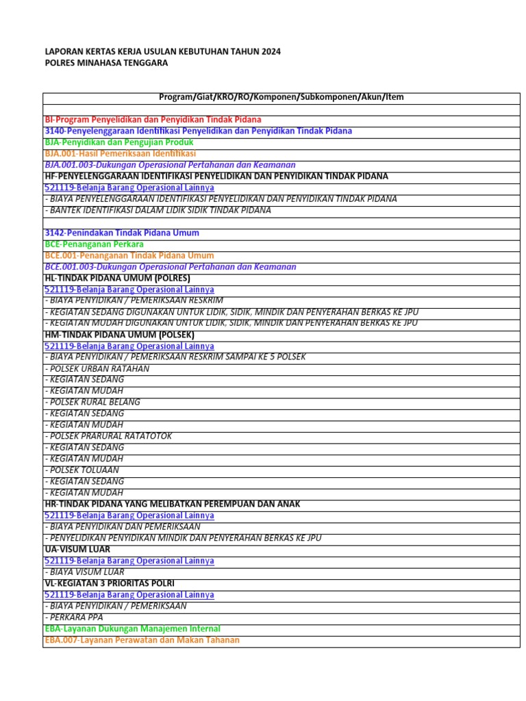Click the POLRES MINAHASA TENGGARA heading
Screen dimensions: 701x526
pos(105,63)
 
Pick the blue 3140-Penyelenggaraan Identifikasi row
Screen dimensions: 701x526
pos(198,131)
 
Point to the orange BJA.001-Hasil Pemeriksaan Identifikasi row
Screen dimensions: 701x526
pos(120,153)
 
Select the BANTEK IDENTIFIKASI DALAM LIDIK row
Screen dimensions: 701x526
pos(158,210)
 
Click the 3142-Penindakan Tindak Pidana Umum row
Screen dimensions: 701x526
pos(121,233)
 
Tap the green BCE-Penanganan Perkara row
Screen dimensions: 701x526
pos(94,244)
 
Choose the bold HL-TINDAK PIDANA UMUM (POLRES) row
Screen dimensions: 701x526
pos(117,278)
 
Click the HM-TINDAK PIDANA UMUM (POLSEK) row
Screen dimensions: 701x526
pos(119,335)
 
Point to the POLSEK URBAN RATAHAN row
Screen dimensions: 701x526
pos(97,368)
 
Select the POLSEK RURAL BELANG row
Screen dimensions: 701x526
pos(92,402)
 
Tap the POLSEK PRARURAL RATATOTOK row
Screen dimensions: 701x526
pos(108,436)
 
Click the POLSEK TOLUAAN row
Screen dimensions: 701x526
pos(82,470)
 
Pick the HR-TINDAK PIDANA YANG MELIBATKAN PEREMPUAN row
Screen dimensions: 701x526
pos(172,504)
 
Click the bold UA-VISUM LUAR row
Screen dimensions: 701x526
pos(78,549)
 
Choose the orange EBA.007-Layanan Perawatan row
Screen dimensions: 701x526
pos(142,640)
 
